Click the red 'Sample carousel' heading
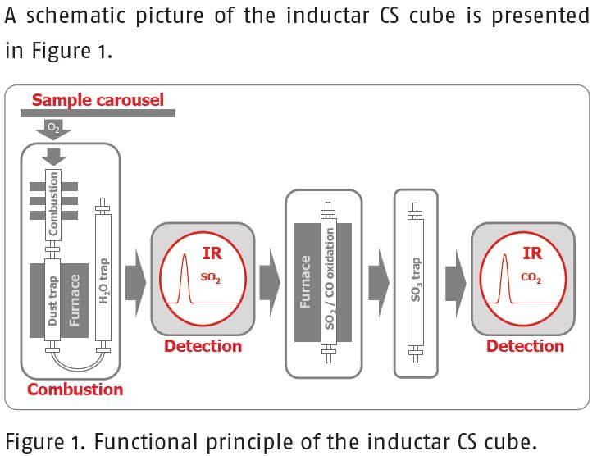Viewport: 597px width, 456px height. tap(98, 100)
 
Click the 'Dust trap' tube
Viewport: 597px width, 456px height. tap(53, 300)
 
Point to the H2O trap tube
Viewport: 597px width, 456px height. tap(104, 271)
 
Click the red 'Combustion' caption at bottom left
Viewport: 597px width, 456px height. tap(75, 390)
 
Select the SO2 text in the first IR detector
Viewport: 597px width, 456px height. tap(211, 277)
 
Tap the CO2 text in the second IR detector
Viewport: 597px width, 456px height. tap(531, 277)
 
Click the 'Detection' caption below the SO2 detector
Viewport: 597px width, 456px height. tap(203, 345)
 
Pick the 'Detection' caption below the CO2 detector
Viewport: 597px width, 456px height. tap(525, 345)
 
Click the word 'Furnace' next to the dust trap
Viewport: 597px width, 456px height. tap(76, 300)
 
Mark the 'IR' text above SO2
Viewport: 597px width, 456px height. tap(211, 254)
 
